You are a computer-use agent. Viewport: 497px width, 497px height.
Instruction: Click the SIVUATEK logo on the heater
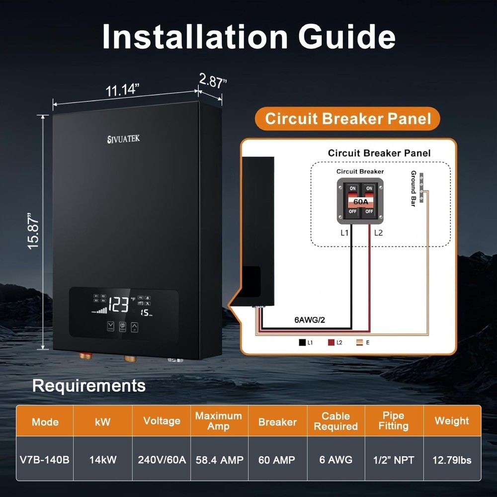[x=124, y=139]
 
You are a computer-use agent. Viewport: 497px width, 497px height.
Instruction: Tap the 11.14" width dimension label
[x=122, y=90]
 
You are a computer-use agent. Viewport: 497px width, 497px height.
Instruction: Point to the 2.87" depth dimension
[x=213, y=81]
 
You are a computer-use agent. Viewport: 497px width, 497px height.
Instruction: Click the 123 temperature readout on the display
[x=118, y=305]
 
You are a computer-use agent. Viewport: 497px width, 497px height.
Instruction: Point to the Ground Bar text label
[x=413, y=189]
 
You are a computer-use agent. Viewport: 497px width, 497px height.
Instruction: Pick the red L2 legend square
[x=331, y=342]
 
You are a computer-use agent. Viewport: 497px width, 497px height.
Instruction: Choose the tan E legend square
[x=360, y=342]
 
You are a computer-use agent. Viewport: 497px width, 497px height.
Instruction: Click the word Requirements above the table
[x=89, y=386]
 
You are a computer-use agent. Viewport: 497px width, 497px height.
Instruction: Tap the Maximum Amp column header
[x=219, y=421]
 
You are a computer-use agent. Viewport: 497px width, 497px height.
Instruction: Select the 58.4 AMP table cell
[x=219, y=460]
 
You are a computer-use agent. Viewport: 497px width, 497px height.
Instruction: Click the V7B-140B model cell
[x=45, y=460]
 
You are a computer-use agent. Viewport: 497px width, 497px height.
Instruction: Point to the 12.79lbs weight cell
[x=452, y=460]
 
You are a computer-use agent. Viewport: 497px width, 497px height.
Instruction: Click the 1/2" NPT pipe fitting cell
[x=394, y=460]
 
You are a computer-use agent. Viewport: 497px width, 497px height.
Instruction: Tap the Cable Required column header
[x=336, y=421]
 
